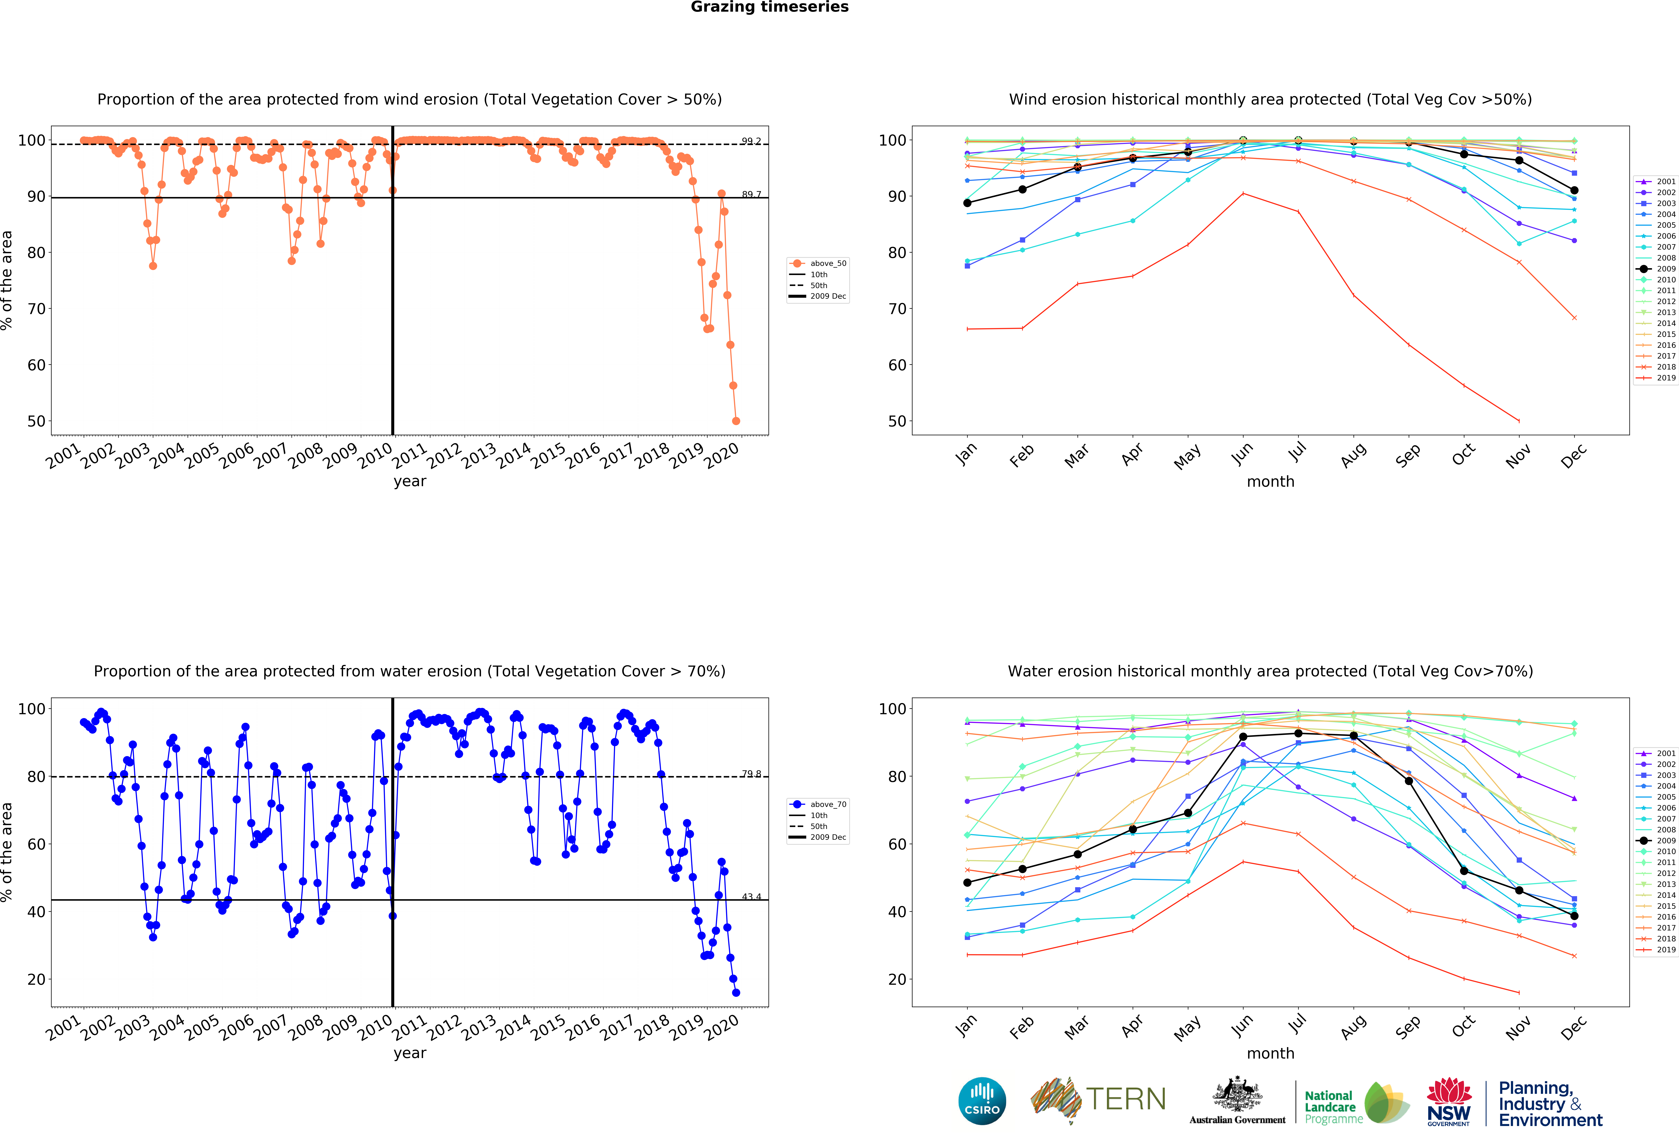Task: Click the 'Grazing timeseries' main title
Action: [769, 7]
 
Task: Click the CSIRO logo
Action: [982, 1101]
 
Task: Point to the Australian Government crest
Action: [1238, 1095]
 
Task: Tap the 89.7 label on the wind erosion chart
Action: [751, 195]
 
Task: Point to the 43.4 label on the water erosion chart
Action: [751, 896]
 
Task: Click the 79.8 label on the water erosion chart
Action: [751, 773]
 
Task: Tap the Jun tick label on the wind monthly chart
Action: [1243, 454]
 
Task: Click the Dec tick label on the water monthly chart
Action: [1573, 1027]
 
